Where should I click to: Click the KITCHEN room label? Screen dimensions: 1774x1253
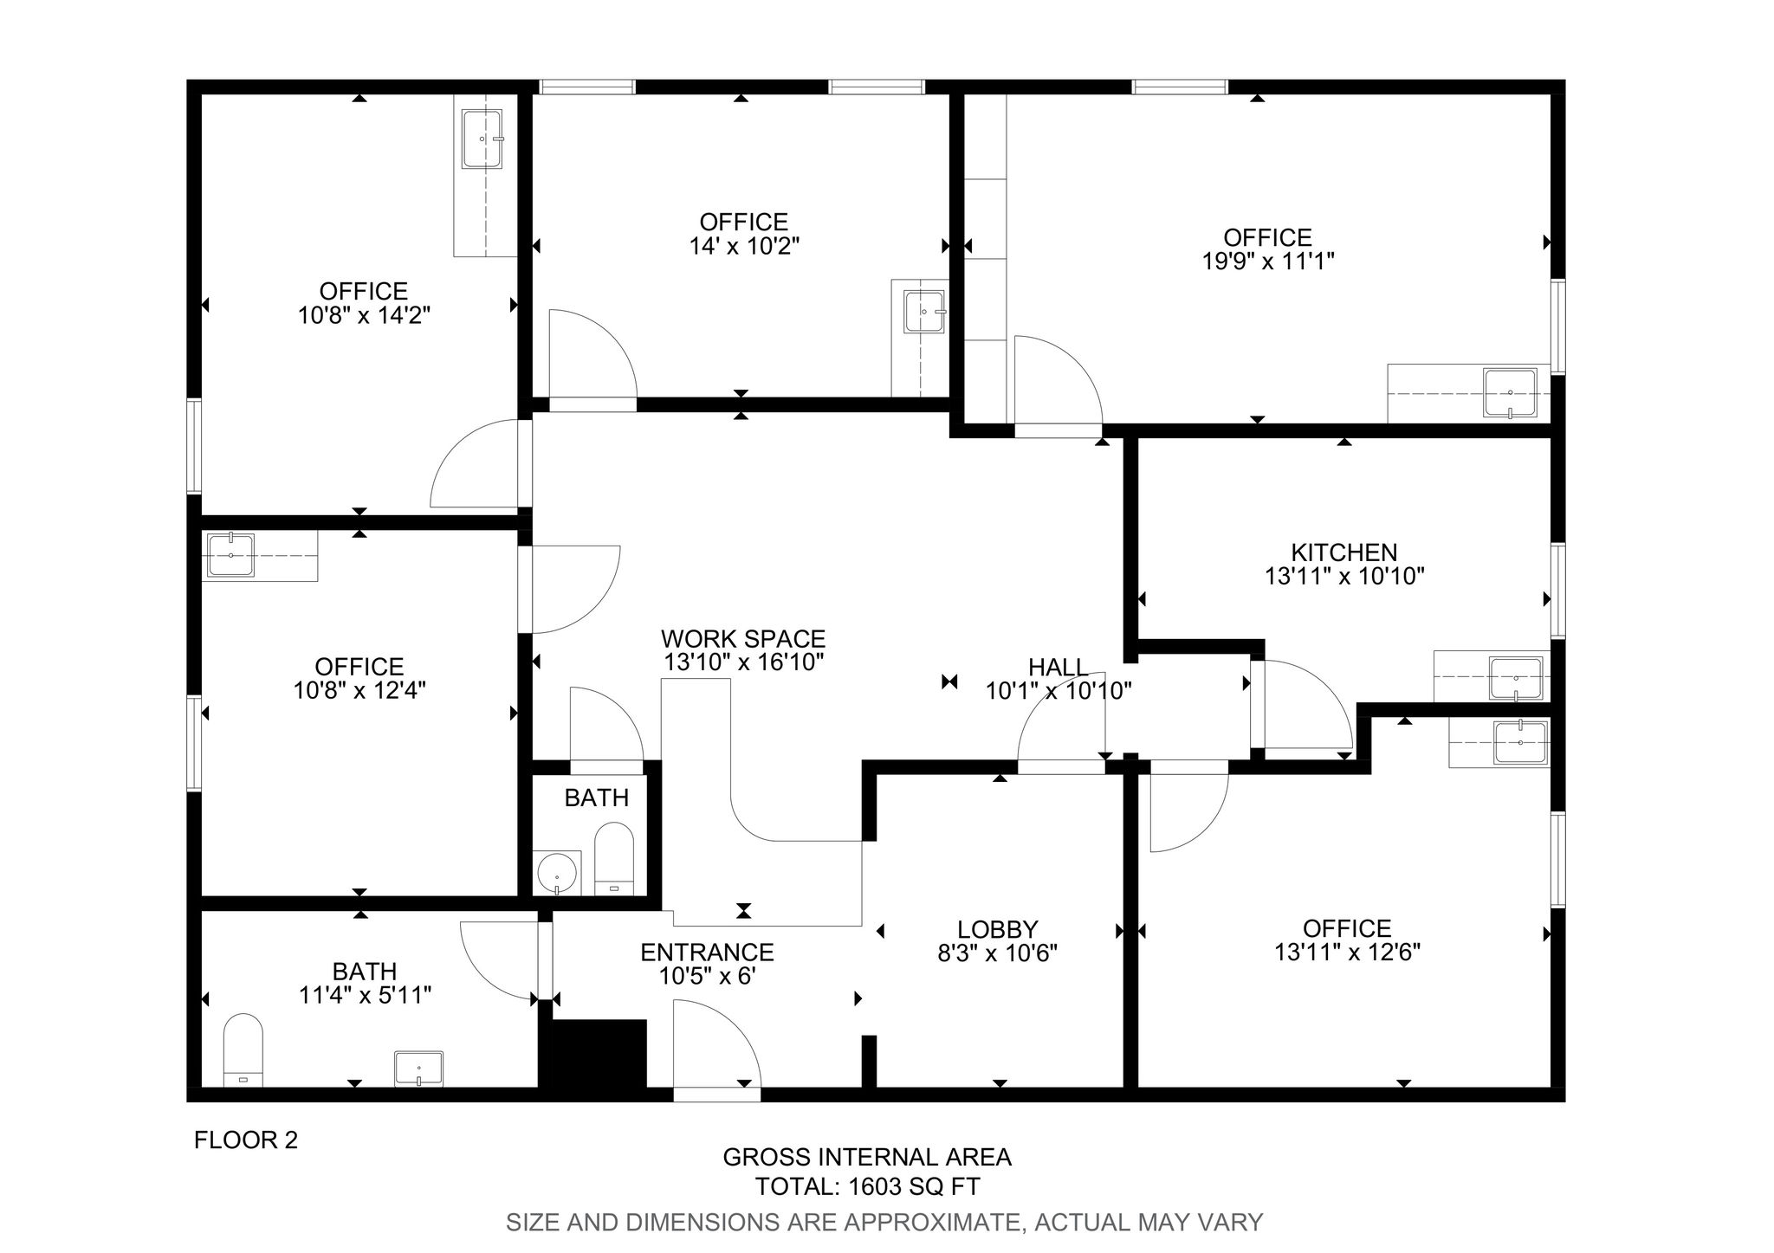1343,552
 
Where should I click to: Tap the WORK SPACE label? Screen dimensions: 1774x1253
743,639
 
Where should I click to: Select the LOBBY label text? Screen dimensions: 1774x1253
998,929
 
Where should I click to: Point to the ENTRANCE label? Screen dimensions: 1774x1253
707,953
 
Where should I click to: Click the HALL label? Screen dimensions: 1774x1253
1059,667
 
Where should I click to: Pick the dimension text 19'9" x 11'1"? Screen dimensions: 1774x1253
1267,262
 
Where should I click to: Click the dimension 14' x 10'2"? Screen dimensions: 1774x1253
744,247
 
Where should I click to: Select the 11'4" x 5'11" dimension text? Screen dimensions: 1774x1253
365,996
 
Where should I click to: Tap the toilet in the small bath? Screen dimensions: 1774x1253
614,858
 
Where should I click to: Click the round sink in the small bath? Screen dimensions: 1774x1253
557,873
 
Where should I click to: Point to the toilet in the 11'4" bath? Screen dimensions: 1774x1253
243,1050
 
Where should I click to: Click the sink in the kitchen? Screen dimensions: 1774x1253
1515,678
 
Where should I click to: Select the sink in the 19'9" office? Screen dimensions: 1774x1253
1510,394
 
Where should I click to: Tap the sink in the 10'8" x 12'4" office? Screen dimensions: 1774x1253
231,555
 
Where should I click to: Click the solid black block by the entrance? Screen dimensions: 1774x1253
599,1053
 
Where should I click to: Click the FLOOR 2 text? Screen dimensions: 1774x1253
246,1140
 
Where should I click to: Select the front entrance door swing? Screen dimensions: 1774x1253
717,1043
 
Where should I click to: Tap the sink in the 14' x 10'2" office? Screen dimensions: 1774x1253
924,312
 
